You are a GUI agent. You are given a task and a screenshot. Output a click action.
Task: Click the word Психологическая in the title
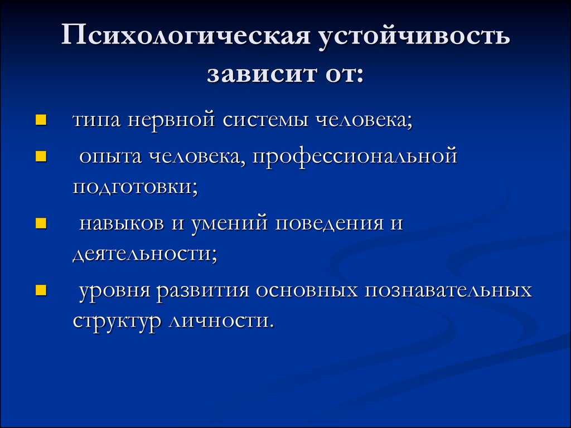pyautogui.click(x=185, y=35)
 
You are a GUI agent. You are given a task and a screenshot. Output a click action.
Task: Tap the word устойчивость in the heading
pyautogui.click(x=414, y=36)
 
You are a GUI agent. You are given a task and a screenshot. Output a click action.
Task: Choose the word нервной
pyautogui.click(x=171, y=120)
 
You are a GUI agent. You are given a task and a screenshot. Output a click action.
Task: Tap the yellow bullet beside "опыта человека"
pyautogui.click(x=41, y=156)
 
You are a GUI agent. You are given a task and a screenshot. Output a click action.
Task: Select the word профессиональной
pyautogui.click(x=354, y=157)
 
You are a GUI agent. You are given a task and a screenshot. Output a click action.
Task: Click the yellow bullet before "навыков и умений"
pyautogui.click(x=41, y=223)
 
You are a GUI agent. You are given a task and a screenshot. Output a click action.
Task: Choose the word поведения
pyautogui.click(x=329, y=223)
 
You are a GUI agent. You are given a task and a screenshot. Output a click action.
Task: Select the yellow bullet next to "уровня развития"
pyautogui.click(x=41, y=290)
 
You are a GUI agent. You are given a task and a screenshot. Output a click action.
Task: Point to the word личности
pyautogui.click(x=220, y=322)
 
